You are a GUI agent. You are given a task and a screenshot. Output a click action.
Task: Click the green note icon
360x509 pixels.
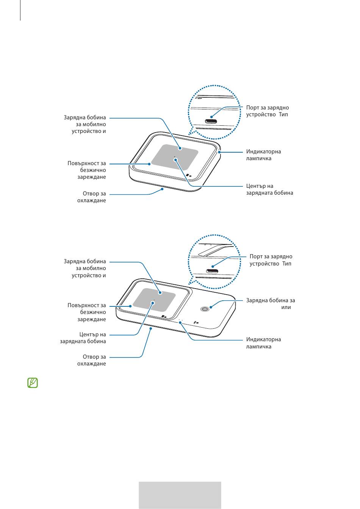coord(33,383)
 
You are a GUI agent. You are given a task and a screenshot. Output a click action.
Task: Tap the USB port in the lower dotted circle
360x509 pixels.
coord(212,271)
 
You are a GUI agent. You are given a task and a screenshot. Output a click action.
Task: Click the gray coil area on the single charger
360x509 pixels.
coord(175,157)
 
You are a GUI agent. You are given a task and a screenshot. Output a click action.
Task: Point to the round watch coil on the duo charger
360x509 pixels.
coord(205,309)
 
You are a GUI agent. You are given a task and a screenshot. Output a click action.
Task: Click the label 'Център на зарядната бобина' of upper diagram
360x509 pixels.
coord(269,189)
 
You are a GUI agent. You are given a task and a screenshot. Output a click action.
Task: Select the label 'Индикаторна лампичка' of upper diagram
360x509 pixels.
coord(263,155)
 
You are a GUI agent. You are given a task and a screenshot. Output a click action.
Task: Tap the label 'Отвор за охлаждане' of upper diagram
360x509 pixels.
coord(91,197)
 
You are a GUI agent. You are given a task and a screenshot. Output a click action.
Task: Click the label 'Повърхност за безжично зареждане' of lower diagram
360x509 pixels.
coord(87,312)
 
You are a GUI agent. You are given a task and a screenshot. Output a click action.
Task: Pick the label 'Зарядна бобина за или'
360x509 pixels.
coord(271,304)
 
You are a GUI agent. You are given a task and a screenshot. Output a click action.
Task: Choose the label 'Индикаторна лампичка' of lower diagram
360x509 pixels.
coord(263,343)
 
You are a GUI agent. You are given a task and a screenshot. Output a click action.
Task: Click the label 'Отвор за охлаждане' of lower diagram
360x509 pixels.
coord(91,360)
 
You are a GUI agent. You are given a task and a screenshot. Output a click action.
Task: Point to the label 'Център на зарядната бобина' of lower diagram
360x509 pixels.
coord(83,338)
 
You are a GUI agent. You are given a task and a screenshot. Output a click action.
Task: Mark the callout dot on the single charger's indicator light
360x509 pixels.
coord(219,152)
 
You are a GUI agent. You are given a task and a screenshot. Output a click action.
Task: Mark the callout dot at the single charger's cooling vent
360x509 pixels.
coord(162,189)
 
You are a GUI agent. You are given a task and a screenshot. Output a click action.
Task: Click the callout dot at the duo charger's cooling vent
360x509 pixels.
coord(150,328)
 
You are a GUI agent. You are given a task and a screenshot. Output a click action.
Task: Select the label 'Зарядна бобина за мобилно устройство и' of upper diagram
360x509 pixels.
coord(85,124)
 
